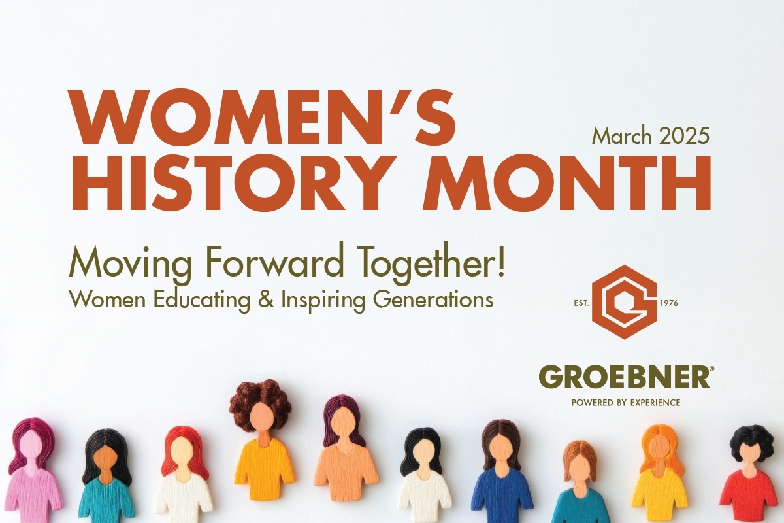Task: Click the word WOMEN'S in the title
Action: click(261, 118)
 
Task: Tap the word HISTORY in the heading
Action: click(235, 182)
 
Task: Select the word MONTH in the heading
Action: click(567, 182)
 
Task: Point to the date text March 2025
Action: click(651, 136)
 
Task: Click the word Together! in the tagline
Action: click(431, 265)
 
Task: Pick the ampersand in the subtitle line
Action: click(266, 299)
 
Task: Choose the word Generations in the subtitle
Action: click(433, 300)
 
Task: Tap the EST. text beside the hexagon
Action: click(581, 303)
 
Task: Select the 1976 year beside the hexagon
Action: click(669, 303)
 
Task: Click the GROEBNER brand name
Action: click(625, 377)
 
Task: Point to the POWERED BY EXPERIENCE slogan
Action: click(626, 403)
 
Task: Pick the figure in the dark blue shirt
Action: click(502, 471)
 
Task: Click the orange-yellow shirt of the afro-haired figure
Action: click(264, 467)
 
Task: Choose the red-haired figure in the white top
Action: click(184, 475)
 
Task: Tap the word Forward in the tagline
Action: click(274, 262)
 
